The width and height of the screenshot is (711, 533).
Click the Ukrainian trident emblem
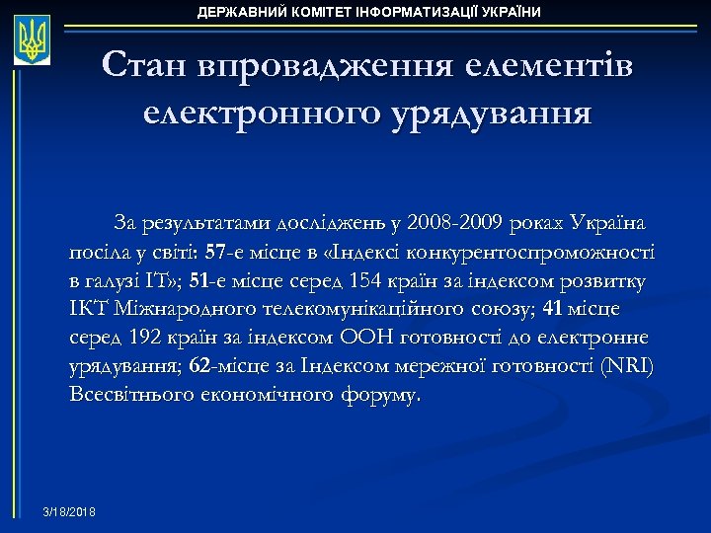[x=33, y=40]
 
